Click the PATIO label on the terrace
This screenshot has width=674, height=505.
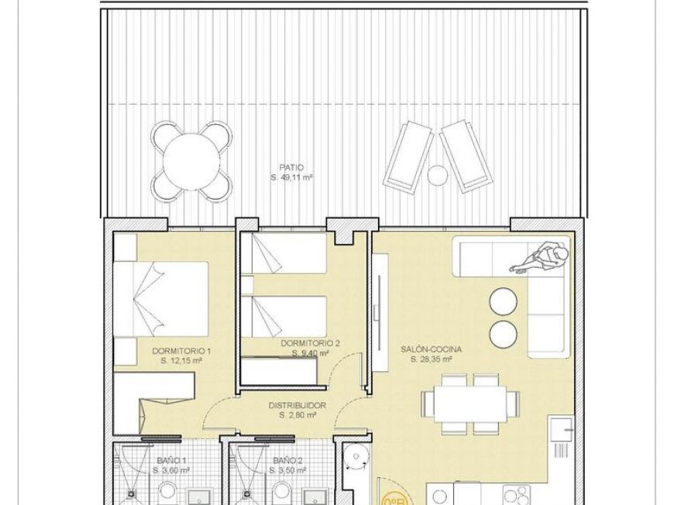coord(292,167)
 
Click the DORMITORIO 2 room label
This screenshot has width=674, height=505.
coord(311,343)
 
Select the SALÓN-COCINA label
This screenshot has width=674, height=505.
coord(431,349)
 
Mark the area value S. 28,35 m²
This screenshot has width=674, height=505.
coord(431,359)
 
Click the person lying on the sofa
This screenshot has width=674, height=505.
coord(542,256)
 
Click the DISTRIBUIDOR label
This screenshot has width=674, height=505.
coord(297,405)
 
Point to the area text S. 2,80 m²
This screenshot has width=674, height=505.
coord(297,415)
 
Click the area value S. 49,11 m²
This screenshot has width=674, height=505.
coord(292,177)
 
